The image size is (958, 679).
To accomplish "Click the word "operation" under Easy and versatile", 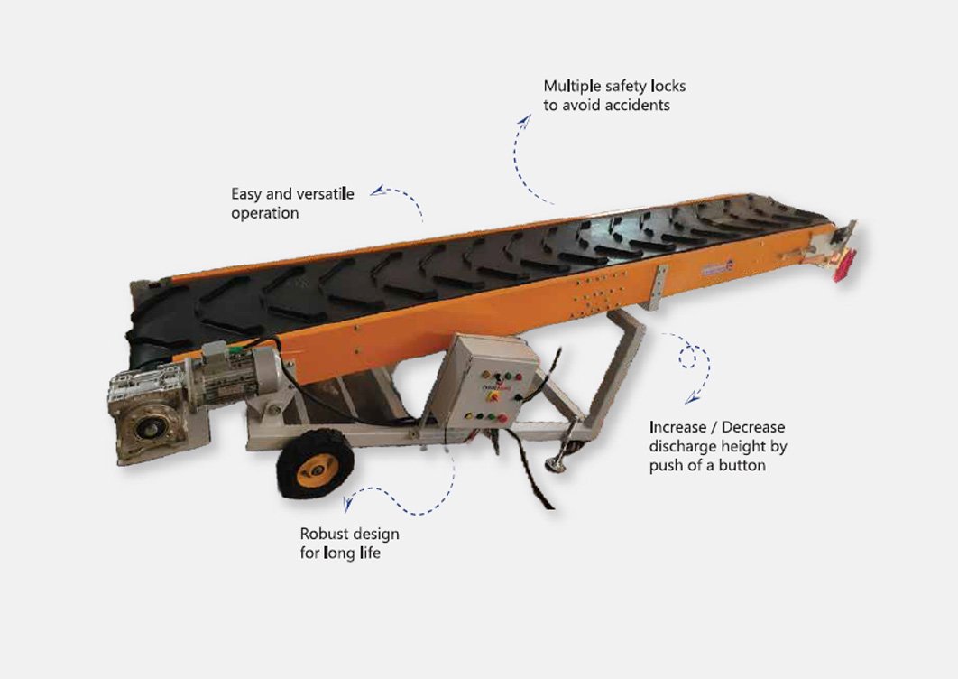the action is click(x=265, y=213).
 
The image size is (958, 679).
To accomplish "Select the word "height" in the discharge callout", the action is click(x=743, y=447).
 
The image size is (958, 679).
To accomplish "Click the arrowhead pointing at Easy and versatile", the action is click(x=378, y=191).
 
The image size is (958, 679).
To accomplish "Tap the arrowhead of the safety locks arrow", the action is click(x=523, y=120).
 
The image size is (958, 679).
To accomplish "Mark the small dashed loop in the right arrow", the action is click(x=688, y=357).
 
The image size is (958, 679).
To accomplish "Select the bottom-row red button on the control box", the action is click(x=502, y=419).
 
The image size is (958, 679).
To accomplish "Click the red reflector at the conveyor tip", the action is click(x=845, y=265).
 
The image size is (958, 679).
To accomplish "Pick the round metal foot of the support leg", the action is click(x=555, y=465).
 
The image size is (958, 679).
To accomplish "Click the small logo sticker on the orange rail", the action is click(x=716, y=267).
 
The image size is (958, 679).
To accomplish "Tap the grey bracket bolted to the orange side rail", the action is click(x=657, y=287).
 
